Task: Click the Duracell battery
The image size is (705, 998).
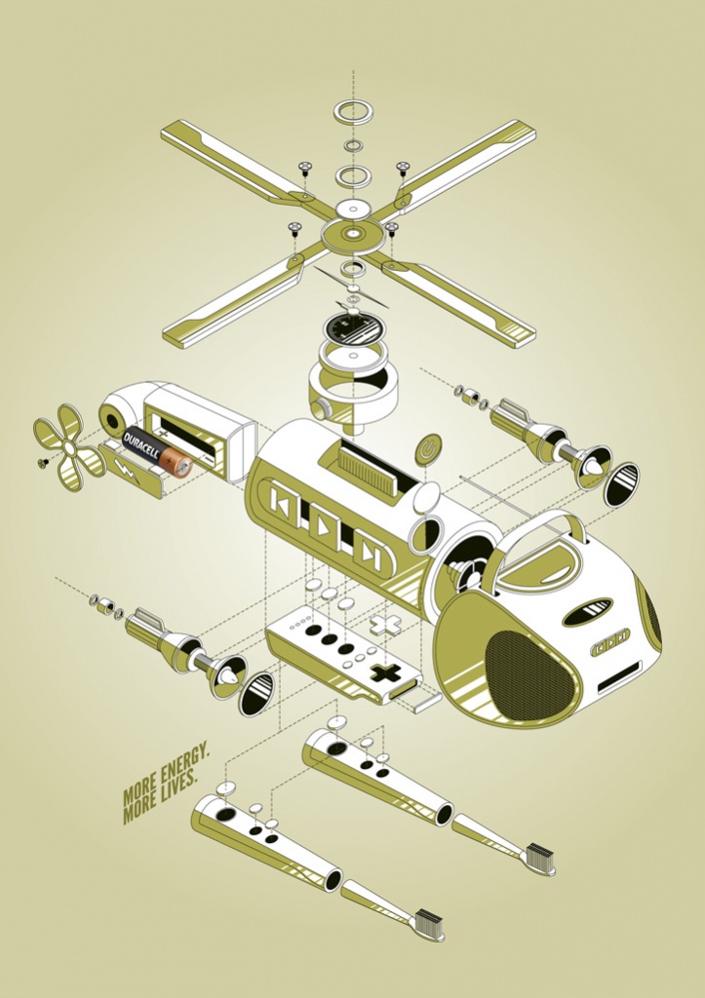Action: (x=157, y=452)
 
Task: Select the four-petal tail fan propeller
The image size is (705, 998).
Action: (x=67, y=448)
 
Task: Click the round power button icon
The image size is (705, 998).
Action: (x=427, y=448)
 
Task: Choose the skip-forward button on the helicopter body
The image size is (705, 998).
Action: (x=369, y=550)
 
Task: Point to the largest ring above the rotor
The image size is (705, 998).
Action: (x=353, y=112)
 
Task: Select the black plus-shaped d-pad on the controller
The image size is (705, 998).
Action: (x=383, y=674)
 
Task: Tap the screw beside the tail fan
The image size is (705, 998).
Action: (x=44, y=463)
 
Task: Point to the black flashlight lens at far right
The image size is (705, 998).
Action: (x=621, y=484)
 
